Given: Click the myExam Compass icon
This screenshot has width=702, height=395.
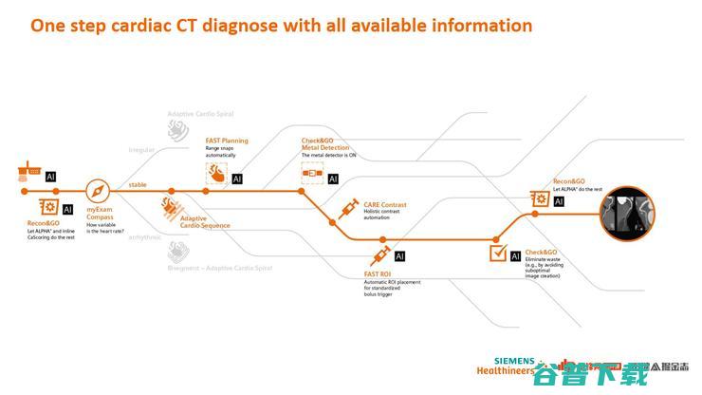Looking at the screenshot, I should pyautogui.click(x=100, y=189).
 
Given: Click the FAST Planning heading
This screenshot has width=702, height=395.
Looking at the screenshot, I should pyautogui.click(x=227, y=141).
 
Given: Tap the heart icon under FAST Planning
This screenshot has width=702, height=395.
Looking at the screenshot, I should pyautogui.click(x=216, y=175).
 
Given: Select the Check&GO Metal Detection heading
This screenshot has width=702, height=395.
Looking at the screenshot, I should pyautogui.click(x=325, y=144).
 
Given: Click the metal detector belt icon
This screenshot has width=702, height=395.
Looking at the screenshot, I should pyautogui.click(x=312, y=177).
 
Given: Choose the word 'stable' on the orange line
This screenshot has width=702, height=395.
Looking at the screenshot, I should pyautogui.click(x=138, y=184).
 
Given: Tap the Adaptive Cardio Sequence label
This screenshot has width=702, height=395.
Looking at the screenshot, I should pyautogui.click(x=205, y=222).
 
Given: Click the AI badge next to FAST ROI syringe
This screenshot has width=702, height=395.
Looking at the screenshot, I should pyautogui.click(x=400, y=256).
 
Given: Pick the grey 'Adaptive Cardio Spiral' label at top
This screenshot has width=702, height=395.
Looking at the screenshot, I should pyautogui.click(x=200, y=114).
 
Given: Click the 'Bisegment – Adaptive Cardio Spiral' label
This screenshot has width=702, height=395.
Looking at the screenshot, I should pyautogui.click(x=220, y=269).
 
